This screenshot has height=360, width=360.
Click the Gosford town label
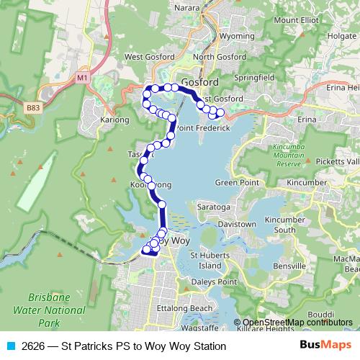tap(195, 82)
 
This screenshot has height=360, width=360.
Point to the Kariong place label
tap(114, 119)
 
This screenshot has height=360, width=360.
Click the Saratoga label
tap(214, 207)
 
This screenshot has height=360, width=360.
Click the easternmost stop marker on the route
tap(220, 112)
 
